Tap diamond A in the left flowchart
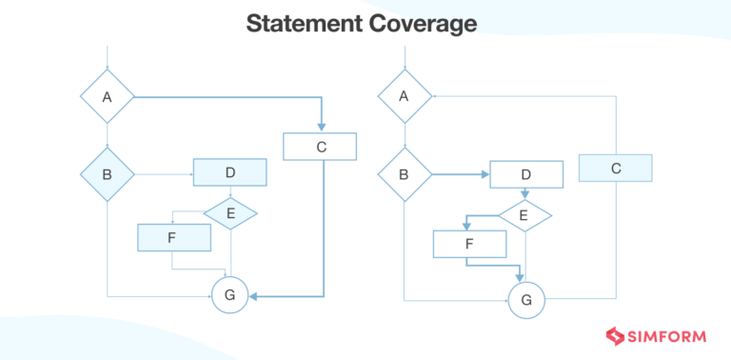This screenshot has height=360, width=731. coord(107,97)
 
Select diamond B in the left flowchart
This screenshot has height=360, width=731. coord(107,174)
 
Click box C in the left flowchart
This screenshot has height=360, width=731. coord(320,147)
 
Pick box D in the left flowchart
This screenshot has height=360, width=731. coord(229,172)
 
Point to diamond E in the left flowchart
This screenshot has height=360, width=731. coord(230,214)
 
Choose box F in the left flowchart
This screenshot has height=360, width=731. coord(173,237)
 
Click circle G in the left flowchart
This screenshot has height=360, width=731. coord(229,296)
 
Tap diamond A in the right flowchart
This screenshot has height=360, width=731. coord(405,96)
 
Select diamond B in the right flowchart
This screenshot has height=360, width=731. coord(405,175)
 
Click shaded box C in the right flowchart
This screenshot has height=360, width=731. coord(616,168)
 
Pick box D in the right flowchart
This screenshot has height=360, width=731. coord(525,176)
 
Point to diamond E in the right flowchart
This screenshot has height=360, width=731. coord(525,215)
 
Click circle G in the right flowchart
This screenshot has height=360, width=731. coord(525,301)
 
